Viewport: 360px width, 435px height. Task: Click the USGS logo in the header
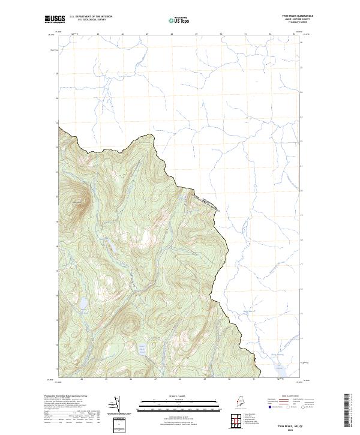coord(55,19)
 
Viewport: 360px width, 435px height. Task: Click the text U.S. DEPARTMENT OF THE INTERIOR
coord(91,16)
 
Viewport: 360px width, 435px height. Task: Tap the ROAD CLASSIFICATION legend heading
coord(293,397)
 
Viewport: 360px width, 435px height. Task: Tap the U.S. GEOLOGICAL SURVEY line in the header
coord(91,20)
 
